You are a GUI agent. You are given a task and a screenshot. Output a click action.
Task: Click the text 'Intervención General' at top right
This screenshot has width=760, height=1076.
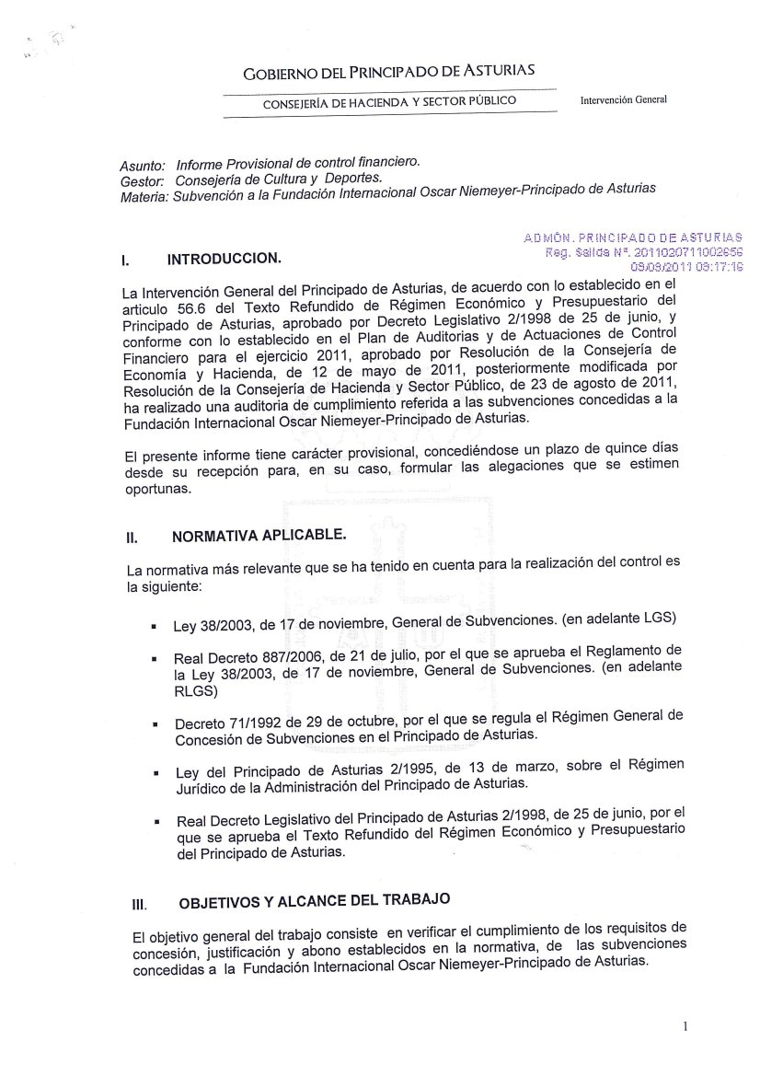pyautogui.click(x=623, y=99)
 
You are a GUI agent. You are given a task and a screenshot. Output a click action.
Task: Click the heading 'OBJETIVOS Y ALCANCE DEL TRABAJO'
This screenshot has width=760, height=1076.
pyautogui.click(x=314, y=899)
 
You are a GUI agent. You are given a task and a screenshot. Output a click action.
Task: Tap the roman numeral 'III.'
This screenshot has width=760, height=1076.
pyautogui.click(x=140, y=905)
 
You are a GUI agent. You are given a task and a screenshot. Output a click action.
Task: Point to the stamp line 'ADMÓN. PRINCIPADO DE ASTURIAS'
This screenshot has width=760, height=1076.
pyautogui.click(x=633, y=237)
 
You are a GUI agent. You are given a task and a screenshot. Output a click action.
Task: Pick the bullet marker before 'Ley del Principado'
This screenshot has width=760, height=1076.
pyautogui.click(x=157, y=774)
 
